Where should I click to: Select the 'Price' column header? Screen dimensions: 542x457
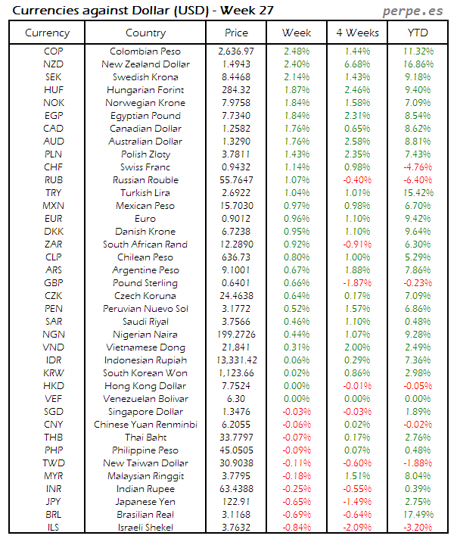[x=236, y=33]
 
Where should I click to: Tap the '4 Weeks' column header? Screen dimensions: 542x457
[x=356, y=33]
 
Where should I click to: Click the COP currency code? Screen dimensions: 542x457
[x=53, y=51]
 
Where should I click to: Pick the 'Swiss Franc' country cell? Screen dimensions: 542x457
[x=146, y=167]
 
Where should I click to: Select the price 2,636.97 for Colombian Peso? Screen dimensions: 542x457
[x=236, y=51]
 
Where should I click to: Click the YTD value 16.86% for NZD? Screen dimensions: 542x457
[x=418, y=64]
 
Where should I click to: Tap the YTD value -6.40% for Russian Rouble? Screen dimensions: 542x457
[x=418, y=180]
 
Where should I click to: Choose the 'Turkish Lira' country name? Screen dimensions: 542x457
[x=146, y=193]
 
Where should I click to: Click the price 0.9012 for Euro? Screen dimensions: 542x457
[x=236, y=219]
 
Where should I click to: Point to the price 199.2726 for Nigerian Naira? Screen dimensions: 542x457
[x=236, y=335]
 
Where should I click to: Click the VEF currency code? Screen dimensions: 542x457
[x=53, y=399]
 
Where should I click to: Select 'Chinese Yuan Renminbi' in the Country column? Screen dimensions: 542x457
[x=146, y=425]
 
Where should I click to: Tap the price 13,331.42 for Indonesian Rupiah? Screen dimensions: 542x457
[x=236, y=360]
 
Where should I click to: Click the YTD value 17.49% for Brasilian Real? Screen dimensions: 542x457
[x=418, y=515]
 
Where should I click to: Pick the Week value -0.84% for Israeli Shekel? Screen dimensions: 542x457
[x=296, y=528]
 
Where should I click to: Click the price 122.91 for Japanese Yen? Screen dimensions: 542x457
[x=236, y=502]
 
